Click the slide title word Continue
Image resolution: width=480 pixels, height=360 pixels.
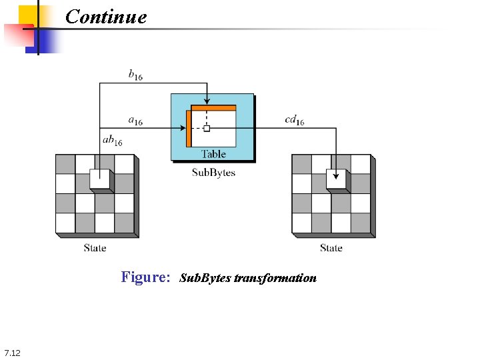(x=106, y=16)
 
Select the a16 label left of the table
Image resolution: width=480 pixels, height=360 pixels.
(x=135, y=121)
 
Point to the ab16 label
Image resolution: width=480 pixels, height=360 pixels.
(x=112, y=141)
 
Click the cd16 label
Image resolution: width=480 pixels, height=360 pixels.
(x=294, y=121)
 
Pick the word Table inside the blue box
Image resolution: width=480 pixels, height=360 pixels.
(x=213, y=154)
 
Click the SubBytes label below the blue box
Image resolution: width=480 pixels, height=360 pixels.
(x=213, y=173)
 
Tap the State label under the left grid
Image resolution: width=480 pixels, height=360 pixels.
(x=95, y=248)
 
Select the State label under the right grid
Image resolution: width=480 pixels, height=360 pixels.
(x=331, y=248)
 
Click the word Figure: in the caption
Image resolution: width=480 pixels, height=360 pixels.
(x=146, y=277)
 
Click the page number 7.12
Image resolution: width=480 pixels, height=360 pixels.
(x=12, y=352)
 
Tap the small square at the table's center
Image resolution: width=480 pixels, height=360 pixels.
(x=207, y=128)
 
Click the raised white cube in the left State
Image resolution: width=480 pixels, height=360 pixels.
(x=99, y=180)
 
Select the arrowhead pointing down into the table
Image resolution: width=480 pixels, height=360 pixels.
(x=207, y=101)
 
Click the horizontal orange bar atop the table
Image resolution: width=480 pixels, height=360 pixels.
(x=213, y=107)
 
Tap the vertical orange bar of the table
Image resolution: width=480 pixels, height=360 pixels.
(x=189, y=128)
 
